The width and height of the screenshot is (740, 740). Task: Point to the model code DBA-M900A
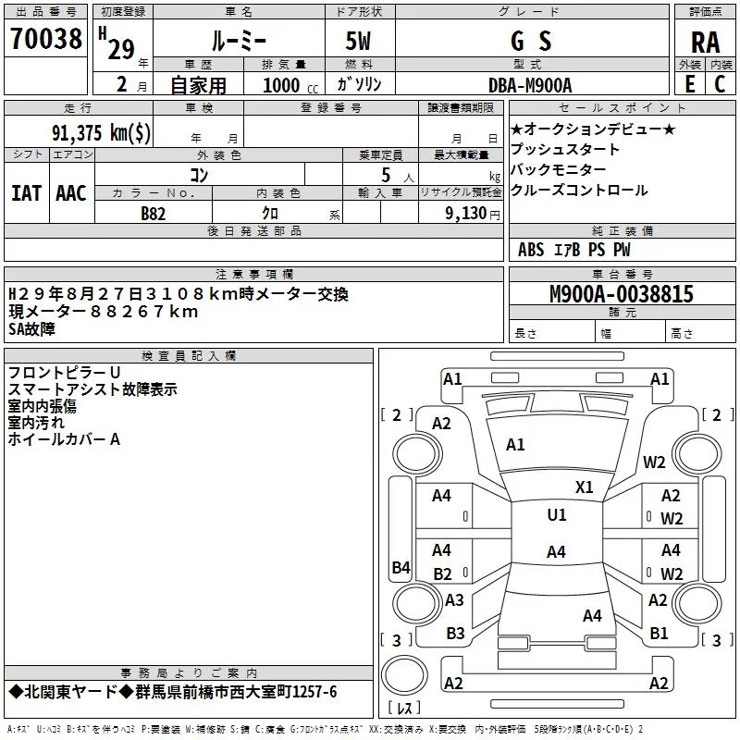[530, 85]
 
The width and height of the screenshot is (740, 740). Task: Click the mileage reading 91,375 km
[101, 132]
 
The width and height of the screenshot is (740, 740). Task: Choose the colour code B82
[154, 213]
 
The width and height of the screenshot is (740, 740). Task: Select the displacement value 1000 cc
[282, 85]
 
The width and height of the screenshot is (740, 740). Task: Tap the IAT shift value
[26, 193]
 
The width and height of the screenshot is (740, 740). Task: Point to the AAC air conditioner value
[70, 193]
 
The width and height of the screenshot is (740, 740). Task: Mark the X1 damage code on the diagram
[585, 487]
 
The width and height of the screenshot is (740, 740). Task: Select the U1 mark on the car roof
[556, 515]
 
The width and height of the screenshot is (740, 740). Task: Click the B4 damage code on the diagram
[401, 567]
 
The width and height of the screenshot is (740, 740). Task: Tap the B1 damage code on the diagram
[659, 634]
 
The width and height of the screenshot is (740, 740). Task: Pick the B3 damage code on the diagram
[455, 634]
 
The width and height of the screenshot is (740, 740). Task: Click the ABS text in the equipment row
[531, 250]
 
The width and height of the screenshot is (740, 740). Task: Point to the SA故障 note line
[31, 328]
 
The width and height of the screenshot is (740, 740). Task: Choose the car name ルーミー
[239, 41]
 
